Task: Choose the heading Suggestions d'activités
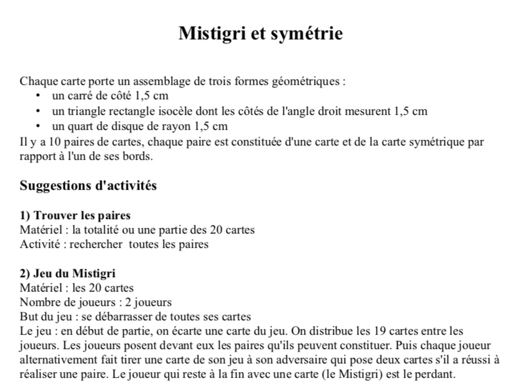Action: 88,185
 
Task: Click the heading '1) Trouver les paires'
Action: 75,215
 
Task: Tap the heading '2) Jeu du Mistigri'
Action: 67,273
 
